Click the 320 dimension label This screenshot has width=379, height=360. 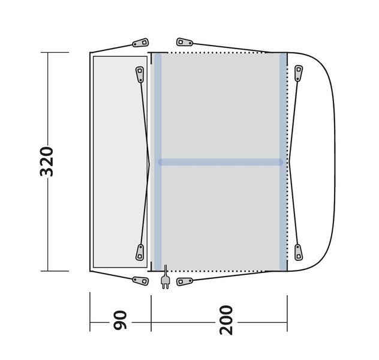point(46,161)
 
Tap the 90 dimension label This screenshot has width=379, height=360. point(120,320)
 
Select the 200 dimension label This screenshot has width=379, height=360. point(226,320)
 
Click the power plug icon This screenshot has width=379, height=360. point(166,277)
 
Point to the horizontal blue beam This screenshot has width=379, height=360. point(220,162)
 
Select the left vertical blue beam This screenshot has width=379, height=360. point(158,162)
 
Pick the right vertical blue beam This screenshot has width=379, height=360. point(283,162)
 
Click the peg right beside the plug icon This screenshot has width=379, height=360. point(185,281)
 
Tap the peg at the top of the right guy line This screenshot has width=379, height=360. point(299,73)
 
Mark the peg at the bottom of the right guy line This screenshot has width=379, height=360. point(299,252)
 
